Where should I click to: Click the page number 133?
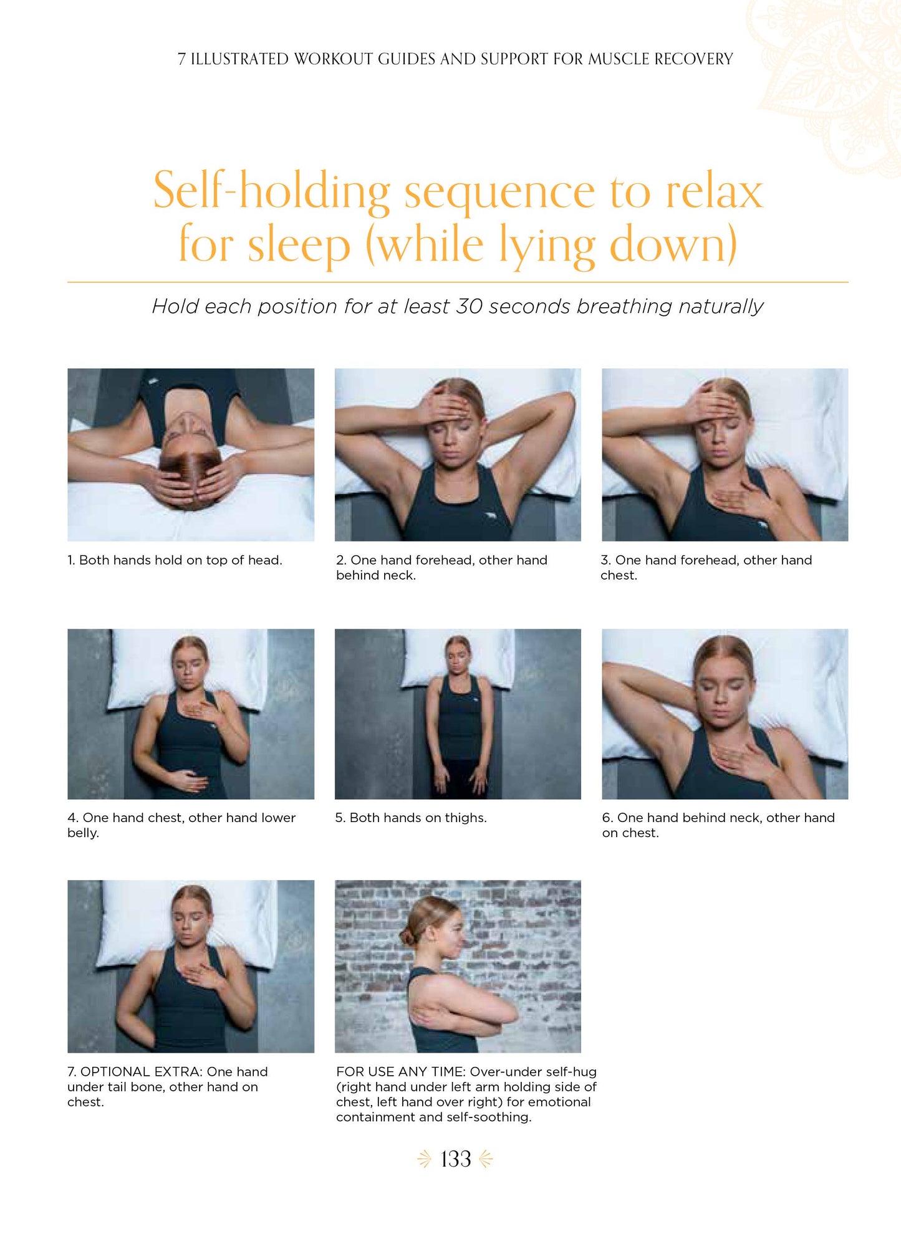[456, 1159]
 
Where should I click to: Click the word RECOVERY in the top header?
[693, 59]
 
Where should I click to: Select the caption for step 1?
[175, 560]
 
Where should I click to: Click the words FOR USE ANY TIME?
[401, 1072]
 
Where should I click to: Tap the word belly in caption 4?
[83, 833]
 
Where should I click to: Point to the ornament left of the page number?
[425, 1159]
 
